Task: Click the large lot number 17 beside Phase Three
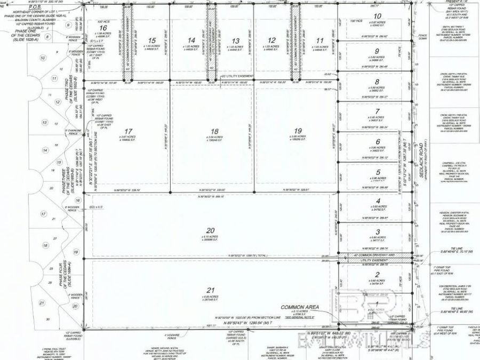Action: click(127, 131)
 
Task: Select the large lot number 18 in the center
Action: click(214, 131)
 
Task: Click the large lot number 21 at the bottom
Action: click(210, 290)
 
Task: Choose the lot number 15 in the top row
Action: click(152, 40)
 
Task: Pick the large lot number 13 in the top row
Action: click(235, 40)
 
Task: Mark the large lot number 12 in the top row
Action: click(272, 40)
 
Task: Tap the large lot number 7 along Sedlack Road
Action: click(377, 111)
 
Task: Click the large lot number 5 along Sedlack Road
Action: click(378, 172)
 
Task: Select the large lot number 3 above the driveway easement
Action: click(378, 231)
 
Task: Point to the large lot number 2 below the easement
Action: click(378, 275)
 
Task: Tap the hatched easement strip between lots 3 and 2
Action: click(375, 257)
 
